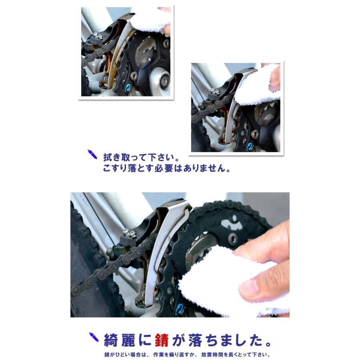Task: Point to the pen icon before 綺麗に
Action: tap(93, 338)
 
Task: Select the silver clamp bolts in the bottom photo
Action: tap(129, 232)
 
